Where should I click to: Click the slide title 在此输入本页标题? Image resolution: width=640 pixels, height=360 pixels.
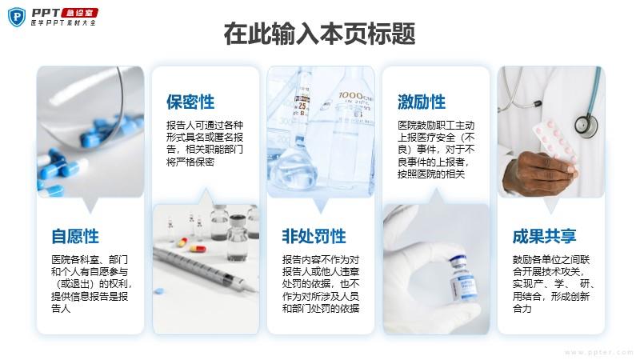(319, 34)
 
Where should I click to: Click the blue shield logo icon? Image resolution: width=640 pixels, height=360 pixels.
(17, 17)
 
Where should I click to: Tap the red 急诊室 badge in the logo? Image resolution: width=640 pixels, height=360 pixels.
(79, 13)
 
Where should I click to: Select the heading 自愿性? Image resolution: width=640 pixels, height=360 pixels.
(75, 236)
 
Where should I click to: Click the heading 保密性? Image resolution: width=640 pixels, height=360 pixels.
(190, 102)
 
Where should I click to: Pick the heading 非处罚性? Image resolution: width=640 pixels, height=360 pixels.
(314, 236)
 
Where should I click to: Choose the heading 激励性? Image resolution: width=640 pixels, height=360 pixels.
(422, 102)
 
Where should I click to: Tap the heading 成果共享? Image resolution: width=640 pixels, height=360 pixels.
(545, 236)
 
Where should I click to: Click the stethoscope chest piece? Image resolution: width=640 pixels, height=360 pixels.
(586, 125)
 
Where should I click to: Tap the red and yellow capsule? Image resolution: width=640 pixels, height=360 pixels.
(197, 248)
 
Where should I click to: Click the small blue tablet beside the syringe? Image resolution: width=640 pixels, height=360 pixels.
(158, 291)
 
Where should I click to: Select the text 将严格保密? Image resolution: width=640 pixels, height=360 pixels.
(190, 162)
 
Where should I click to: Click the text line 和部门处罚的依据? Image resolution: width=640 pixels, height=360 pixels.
(321, 309)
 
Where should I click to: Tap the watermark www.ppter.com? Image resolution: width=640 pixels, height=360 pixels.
(598, 352)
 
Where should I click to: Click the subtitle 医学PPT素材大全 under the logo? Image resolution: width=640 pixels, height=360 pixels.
(64, 23)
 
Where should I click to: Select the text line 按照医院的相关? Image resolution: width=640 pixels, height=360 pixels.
(431, 174)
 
